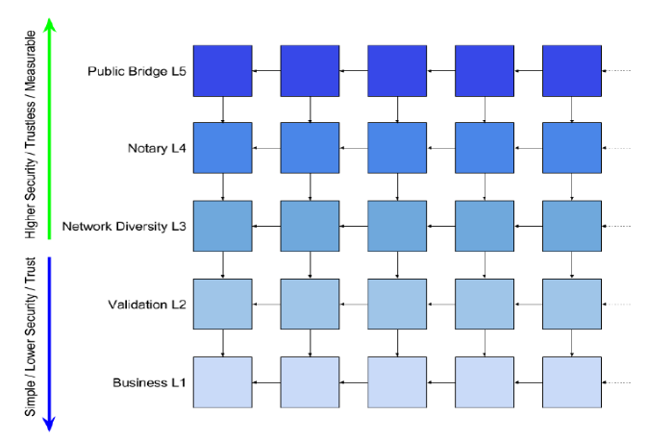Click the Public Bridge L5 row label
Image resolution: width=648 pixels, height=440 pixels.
137,71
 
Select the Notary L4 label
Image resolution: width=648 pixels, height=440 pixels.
157,148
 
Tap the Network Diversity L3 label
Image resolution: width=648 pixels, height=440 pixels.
124,227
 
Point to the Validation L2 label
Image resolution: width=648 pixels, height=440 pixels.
147,305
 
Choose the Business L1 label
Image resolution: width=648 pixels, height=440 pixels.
149,382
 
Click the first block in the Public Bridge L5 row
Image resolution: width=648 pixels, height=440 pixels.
223,71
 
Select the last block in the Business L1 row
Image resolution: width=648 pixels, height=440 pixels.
572,382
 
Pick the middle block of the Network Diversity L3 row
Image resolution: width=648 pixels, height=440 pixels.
397,226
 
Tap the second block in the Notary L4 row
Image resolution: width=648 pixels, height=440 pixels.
310,148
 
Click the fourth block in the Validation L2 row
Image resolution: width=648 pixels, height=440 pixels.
485,305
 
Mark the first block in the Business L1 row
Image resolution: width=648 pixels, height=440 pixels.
223,382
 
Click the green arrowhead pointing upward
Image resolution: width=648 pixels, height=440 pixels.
50,25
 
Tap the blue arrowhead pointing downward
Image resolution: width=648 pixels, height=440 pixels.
49,424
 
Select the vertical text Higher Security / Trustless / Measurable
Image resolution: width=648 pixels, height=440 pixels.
31,134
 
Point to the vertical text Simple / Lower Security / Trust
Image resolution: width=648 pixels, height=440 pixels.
31,336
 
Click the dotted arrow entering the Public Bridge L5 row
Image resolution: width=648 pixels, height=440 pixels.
616,71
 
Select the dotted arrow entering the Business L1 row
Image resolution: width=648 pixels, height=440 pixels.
616,382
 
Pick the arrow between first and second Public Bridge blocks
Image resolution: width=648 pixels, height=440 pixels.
266,71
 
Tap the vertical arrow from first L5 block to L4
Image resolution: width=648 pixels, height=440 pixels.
223,110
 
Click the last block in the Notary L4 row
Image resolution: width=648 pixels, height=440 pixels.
572,148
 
